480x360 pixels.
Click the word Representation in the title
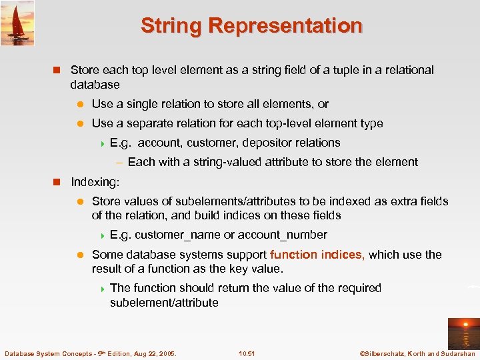tap(285, 26)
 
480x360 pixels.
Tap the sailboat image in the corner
tap(17, 23)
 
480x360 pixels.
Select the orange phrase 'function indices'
tap(317, 255)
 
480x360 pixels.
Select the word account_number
tap(282, 235)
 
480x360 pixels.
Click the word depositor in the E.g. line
tap(265, 143)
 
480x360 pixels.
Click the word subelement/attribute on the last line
tap(164, 303)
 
